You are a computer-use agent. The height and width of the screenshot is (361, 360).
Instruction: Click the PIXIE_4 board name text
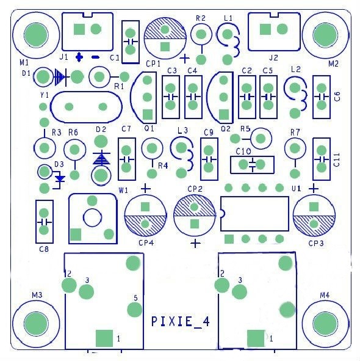(x=181, y=321)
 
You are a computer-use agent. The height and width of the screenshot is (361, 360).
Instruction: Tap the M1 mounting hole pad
(x=36, y=35)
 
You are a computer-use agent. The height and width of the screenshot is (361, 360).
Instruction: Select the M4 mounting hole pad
(x=325, y=324)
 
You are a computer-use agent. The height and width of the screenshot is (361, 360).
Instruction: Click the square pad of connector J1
(x=79, y=29)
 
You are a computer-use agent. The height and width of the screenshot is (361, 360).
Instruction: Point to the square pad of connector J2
(x=265, y=29)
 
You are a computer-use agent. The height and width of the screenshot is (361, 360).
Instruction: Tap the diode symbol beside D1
(x=60, y=77)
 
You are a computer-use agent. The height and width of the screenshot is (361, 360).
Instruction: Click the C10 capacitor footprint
(x=252, y=164)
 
